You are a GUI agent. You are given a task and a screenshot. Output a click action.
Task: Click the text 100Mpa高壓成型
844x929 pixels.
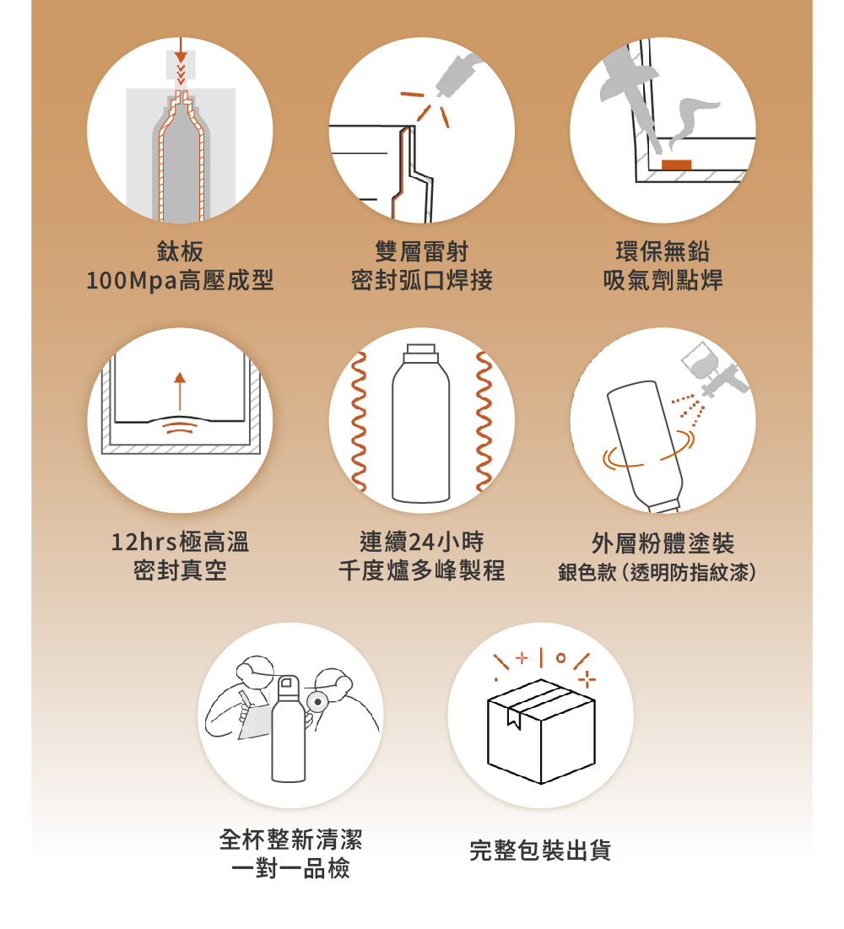point(180,280)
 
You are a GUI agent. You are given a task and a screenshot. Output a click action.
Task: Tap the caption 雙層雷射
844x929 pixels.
point(421,251)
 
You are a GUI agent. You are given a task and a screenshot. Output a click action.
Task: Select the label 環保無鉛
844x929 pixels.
point(663,251)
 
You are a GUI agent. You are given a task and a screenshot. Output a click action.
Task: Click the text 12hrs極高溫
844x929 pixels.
point(180,542)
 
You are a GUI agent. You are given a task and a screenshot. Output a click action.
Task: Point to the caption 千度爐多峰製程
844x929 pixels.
point(421,570)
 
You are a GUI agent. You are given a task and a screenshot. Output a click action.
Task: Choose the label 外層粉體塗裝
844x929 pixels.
point(663,543)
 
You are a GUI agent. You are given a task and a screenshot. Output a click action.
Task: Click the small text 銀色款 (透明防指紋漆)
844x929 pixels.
point(657,572)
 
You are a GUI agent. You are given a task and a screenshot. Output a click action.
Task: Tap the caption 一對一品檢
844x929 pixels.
point(290,868)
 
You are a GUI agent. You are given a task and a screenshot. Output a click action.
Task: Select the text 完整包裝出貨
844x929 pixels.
point(540,851)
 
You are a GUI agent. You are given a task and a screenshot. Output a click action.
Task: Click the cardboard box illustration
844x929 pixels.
point(540,731)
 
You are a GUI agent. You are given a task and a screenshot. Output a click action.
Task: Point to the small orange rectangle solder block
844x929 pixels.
point(676,165)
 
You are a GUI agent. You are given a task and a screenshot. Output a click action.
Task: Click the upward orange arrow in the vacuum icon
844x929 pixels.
point(180,391)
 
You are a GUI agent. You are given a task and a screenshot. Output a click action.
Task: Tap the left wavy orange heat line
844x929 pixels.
point(358,421)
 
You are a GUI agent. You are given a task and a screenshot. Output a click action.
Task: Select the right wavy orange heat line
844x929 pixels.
point(484,421)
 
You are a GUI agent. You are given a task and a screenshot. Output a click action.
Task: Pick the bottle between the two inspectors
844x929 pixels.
point(289,729)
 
